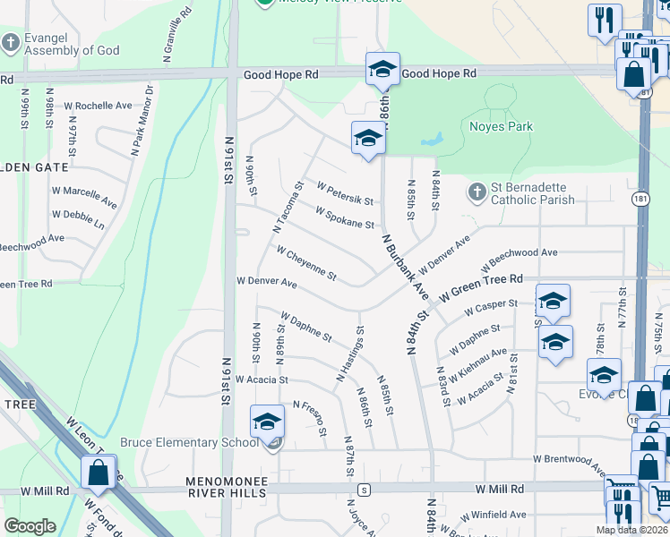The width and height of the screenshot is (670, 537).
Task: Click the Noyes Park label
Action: [x=501, y=126]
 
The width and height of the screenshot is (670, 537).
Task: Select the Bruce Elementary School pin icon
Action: [x=267, y=422]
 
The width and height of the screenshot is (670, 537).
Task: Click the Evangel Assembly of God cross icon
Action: [x=11, y=42]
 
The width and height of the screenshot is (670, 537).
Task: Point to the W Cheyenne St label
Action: [x=305, y=263]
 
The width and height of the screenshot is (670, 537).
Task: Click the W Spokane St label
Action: [x=344, y=217]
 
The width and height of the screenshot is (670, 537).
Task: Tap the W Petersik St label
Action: [x=344, y=192]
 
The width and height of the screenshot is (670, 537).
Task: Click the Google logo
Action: [x=30, y=526]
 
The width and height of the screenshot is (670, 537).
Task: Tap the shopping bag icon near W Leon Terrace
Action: [x=98, y=472]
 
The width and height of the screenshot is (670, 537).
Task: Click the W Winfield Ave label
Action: [x=493, y=515]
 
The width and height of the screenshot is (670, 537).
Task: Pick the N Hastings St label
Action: [x=350, y=354]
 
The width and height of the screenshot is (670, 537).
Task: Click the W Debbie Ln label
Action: [x=78, y=219]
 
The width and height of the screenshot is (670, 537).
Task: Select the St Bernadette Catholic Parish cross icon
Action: [x=476, y=192]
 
